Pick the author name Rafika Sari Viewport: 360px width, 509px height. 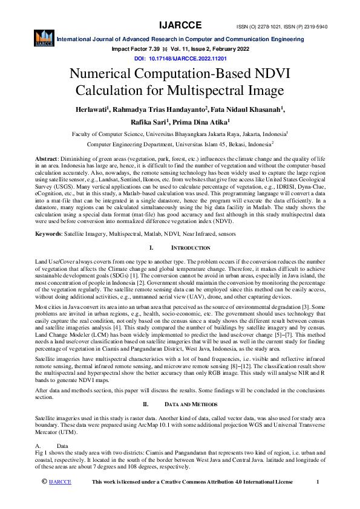pos(149,122)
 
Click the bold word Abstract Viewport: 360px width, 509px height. pos(47,158)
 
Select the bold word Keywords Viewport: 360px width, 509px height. pos(48,233)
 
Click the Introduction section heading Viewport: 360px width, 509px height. pos(189,248)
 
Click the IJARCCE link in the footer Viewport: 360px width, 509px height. pos(60,481)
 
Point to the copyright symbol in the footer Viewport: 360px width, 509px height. pos(44,481)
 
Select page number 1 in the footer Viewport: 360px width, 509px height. pos(318,481)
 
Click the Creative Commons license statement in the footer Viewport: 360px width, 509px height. pos(192,481)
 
